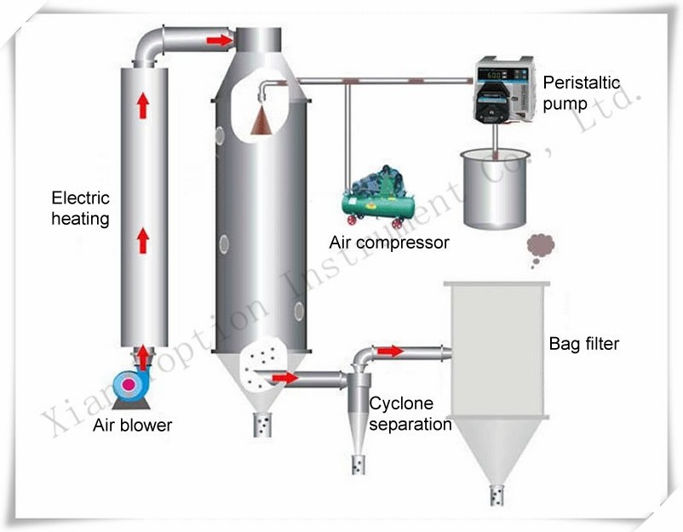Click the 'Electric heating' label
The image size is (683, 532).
tap(81, 209)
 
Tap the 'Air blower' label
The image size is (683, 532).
tap(132, 425)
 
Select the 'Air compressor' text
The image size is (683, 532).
tap(389, 243)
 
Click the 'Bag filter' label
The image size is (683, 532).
tap(583, 344)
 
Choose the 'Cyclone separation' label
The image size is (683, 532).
tap(410, 413)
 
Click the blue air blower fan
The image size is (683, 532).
tap(129, 384)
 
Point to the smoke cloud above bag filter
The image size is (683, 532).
tap(540, 247)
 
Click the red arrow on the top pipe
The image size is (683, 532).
tap(219, 40)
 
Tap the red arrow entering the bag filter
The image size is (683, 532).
tap(389, 351)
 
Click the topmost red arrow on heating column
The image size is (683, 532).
tap(142, 106)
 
